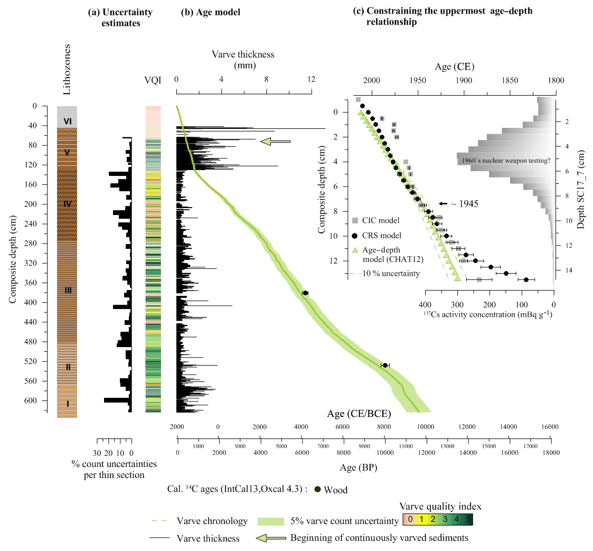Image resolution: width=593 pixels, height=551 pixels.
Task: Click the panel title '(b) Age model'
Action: (211, 12)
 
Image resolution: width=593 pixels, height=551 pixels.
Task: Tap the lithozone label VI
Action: (68, 122)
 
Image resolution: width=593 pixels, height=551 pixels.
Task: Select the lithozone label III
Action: (68, 291)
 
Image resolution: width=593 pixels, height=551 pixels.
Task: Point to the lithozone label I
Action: (68, 404)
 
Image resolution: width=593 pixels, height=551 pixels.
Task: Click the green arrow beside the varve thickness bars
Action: (276, 141)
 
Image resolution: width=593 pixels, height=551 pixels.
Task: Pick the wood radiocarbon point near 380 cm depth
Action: (305, 293)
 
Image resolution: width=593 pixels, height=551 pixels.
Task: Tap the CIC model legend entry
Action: (381, 220)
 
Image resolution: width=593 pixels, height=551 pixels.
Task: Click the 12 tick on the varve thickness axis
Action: (311, 79)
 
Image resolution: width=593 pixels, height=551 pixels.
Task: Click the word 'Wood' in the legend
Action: (336, 490)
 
